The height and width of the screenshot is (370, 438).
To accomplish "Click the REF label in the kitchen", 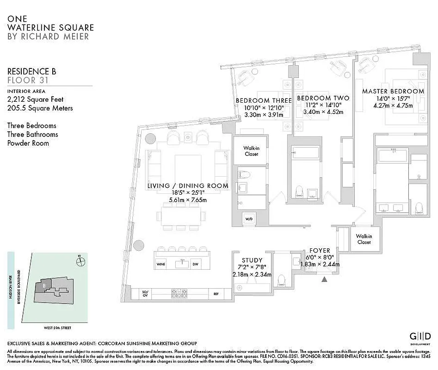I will [216, 293].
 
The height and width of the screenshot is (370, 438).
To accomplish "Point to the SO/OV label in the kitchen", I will [144, 293].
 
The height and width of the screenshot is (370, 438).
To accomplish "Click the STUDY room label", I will [252, 260].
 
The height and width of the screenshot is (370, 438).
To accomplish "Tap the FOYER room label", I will [319, 250].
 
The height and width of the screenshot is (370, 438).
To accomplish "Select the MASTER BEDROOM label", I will [393, 91].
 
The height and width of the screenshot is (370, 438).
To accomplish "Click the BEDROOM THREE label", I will [263, 100].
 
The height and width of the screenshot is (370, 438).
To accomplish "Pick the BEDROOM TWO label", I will [323, 98].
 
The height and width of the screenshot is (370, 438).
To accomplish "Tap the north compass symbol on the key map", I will [81, 261].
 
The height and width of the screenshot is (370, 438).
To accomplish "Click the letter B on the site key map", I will [44, 285].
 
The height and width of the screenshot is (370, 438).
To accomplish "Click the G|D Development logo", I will [420, 336].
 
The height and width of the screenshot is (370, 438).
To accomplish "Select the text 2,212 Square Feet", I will [36, 99].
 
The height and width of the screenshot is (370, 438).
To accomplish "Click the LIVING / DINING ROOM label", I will [188, 186].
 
